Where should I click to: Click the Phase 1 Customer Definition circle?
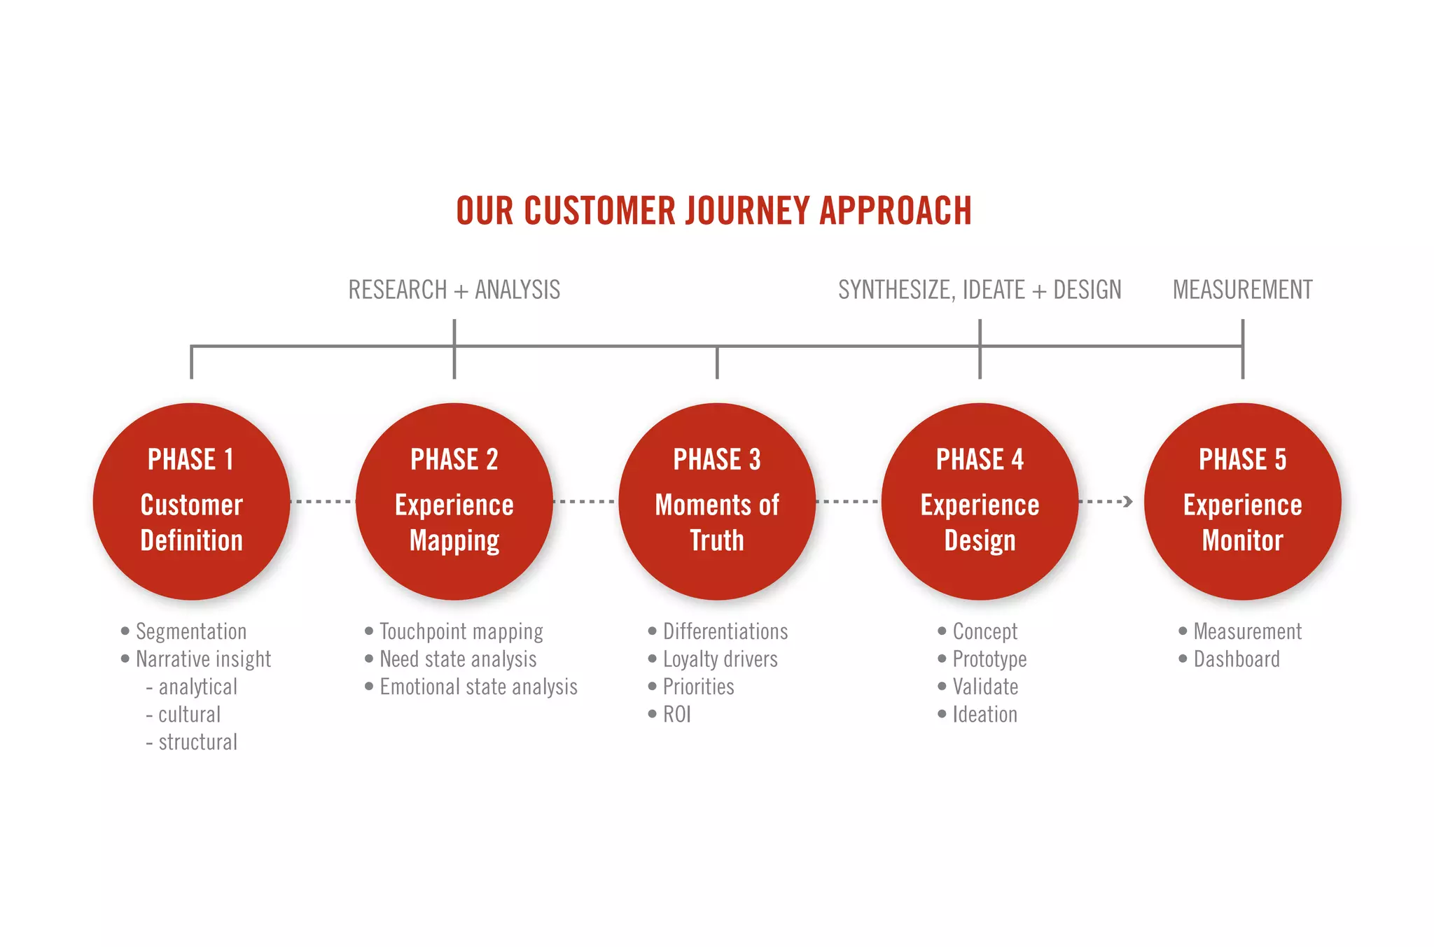[191, 501]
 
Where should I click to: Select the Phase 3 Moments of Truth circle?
[716, 501]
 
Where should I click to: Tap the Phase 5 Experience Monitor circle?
[1242, 501]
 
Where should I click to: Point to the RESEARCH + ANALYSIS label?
[454, 290]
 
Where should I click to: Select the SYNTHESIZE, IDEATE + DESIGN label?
[980, 290]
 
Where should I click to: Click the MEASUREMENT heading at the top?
[1242, 290]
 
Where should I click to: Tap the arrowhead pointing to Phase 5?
[1127, 501]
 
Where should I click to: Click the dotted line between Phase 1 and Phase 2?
[322, 501]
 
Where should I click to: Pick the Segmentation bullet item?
[190, 631]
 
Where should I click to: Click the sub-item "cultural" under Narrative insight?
[189, 715]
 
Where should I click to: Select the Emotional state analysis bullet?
[478, 687]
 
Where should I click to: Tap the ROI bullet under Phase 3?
[676, 715]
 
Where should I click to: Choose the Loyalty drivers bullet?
[720, 659]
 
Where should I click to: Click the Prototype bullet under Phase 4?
[989, 659]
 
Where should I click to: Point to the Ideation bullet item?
[984, 715]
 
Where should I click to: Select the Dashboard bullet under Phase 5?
[1236, 659]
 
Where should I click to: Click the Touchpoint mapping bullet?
[461, 631]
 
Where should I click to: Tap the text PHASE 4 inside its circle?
[980, 460]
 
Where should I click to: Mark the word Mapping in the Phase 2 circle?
[454, 541]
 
